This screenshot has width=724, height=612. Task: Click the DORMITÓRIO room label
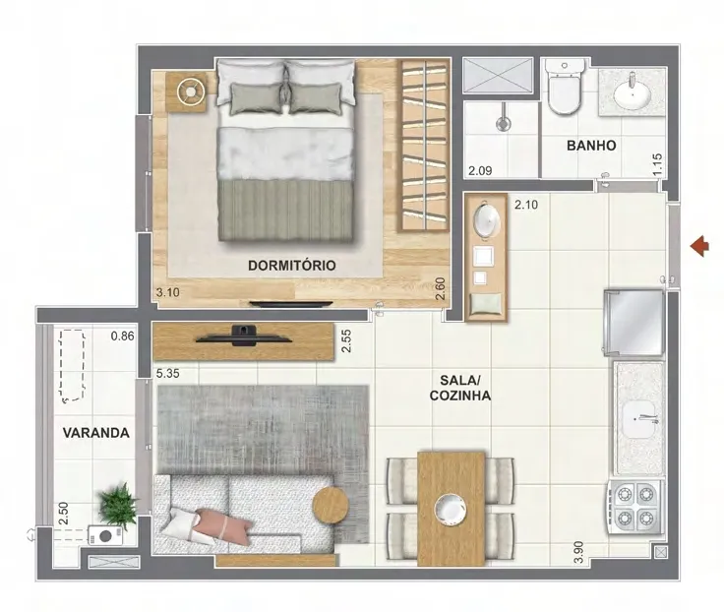291,266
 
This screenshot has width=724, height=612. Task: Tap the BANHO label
591,146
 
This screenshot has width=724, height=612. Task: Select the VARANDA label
96,433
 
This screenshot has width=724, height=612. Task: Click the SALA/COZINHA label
460,388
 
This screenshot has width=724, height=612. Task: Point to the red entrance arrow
699,246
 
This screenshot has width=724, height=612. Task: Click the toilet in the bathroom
563,87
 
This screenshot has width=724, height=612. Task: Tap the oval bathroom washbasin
632,93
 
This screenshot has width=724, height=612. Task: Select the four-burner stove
634,507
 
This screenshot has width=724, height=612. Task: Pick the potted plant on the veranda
117,506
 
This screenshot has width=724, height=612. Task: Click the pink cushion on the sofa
223,525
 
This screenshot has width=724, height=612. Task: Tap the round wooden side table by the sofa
331,506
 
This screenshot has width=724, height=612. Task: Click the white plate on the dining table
451,510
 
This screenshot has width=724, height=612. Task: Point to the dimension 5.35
167,373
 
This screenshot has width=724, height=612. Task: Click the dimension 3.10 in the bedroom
167,292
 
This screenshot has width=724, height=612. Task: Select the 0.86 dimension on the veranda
122,336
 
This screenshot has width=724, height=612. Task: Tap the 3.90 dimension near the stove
578,552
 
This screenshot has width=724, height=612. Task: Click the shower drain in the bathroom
503,123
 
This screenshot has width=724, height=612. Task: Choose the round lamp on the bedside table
190,92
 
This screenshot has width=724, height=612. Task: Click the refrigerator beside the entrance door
634,322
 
